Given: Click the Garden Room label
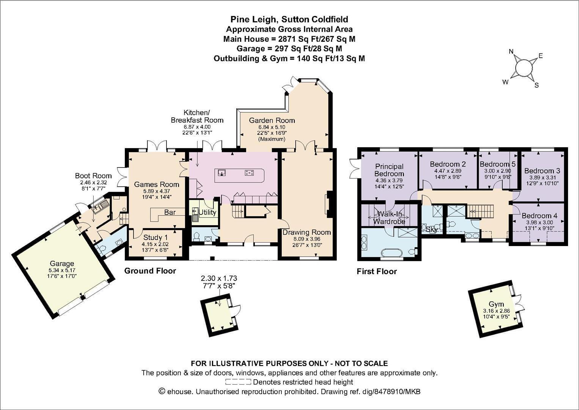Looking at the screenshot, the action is pyautogui.click(x=272, y=120).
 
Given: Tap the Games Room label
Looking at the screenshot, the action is pyautogui.click(x=157, y=184).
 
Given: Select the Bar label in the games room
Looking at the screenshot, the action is pyautogui.click(x=170, y=212).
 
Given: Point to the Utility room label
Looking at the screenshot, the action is pyautogui.click(x=207, y=213).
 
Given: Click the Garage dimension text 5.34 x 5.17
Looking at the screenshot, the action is pyautogui.click(x=62, y=270).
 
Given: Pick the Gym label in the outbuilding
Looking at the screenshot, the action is pyautogui.click(x=496, y=304).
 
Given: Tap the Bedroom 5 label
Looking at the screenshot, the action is pyautogui.click(x=497, y=164).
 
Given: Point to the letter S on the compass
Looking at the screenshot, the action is pyautogui.click(x=537, y=85).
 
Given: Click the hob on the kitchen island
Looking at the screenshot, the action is pyautogui.click(x=249, y=173).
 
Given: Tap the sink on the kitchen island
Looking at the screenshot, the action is pyautogui.click(x=221, y=172).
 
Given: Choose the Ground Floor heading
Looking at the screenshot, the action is pyautogui.click(x=150, y=271).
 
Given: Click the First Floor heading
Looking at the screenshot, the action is pyautogui.click(x=377, y=271).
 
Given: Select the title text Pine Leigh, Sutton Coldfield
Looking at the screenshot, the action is pyautogui.click(x=289, y=19).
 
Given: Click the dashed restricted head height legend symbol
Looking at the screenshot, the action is pyautogui.click(x=238, y=382).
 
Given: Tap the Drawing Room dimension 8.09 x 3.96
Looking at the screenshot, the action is pyautogui.click(x=307, y=239).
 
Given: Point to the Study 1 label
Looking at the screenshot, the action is pyautogui.click(x=155, y=237).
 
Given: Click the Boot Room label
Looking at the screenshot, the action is pyautogui.click(x=93, y=176).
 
